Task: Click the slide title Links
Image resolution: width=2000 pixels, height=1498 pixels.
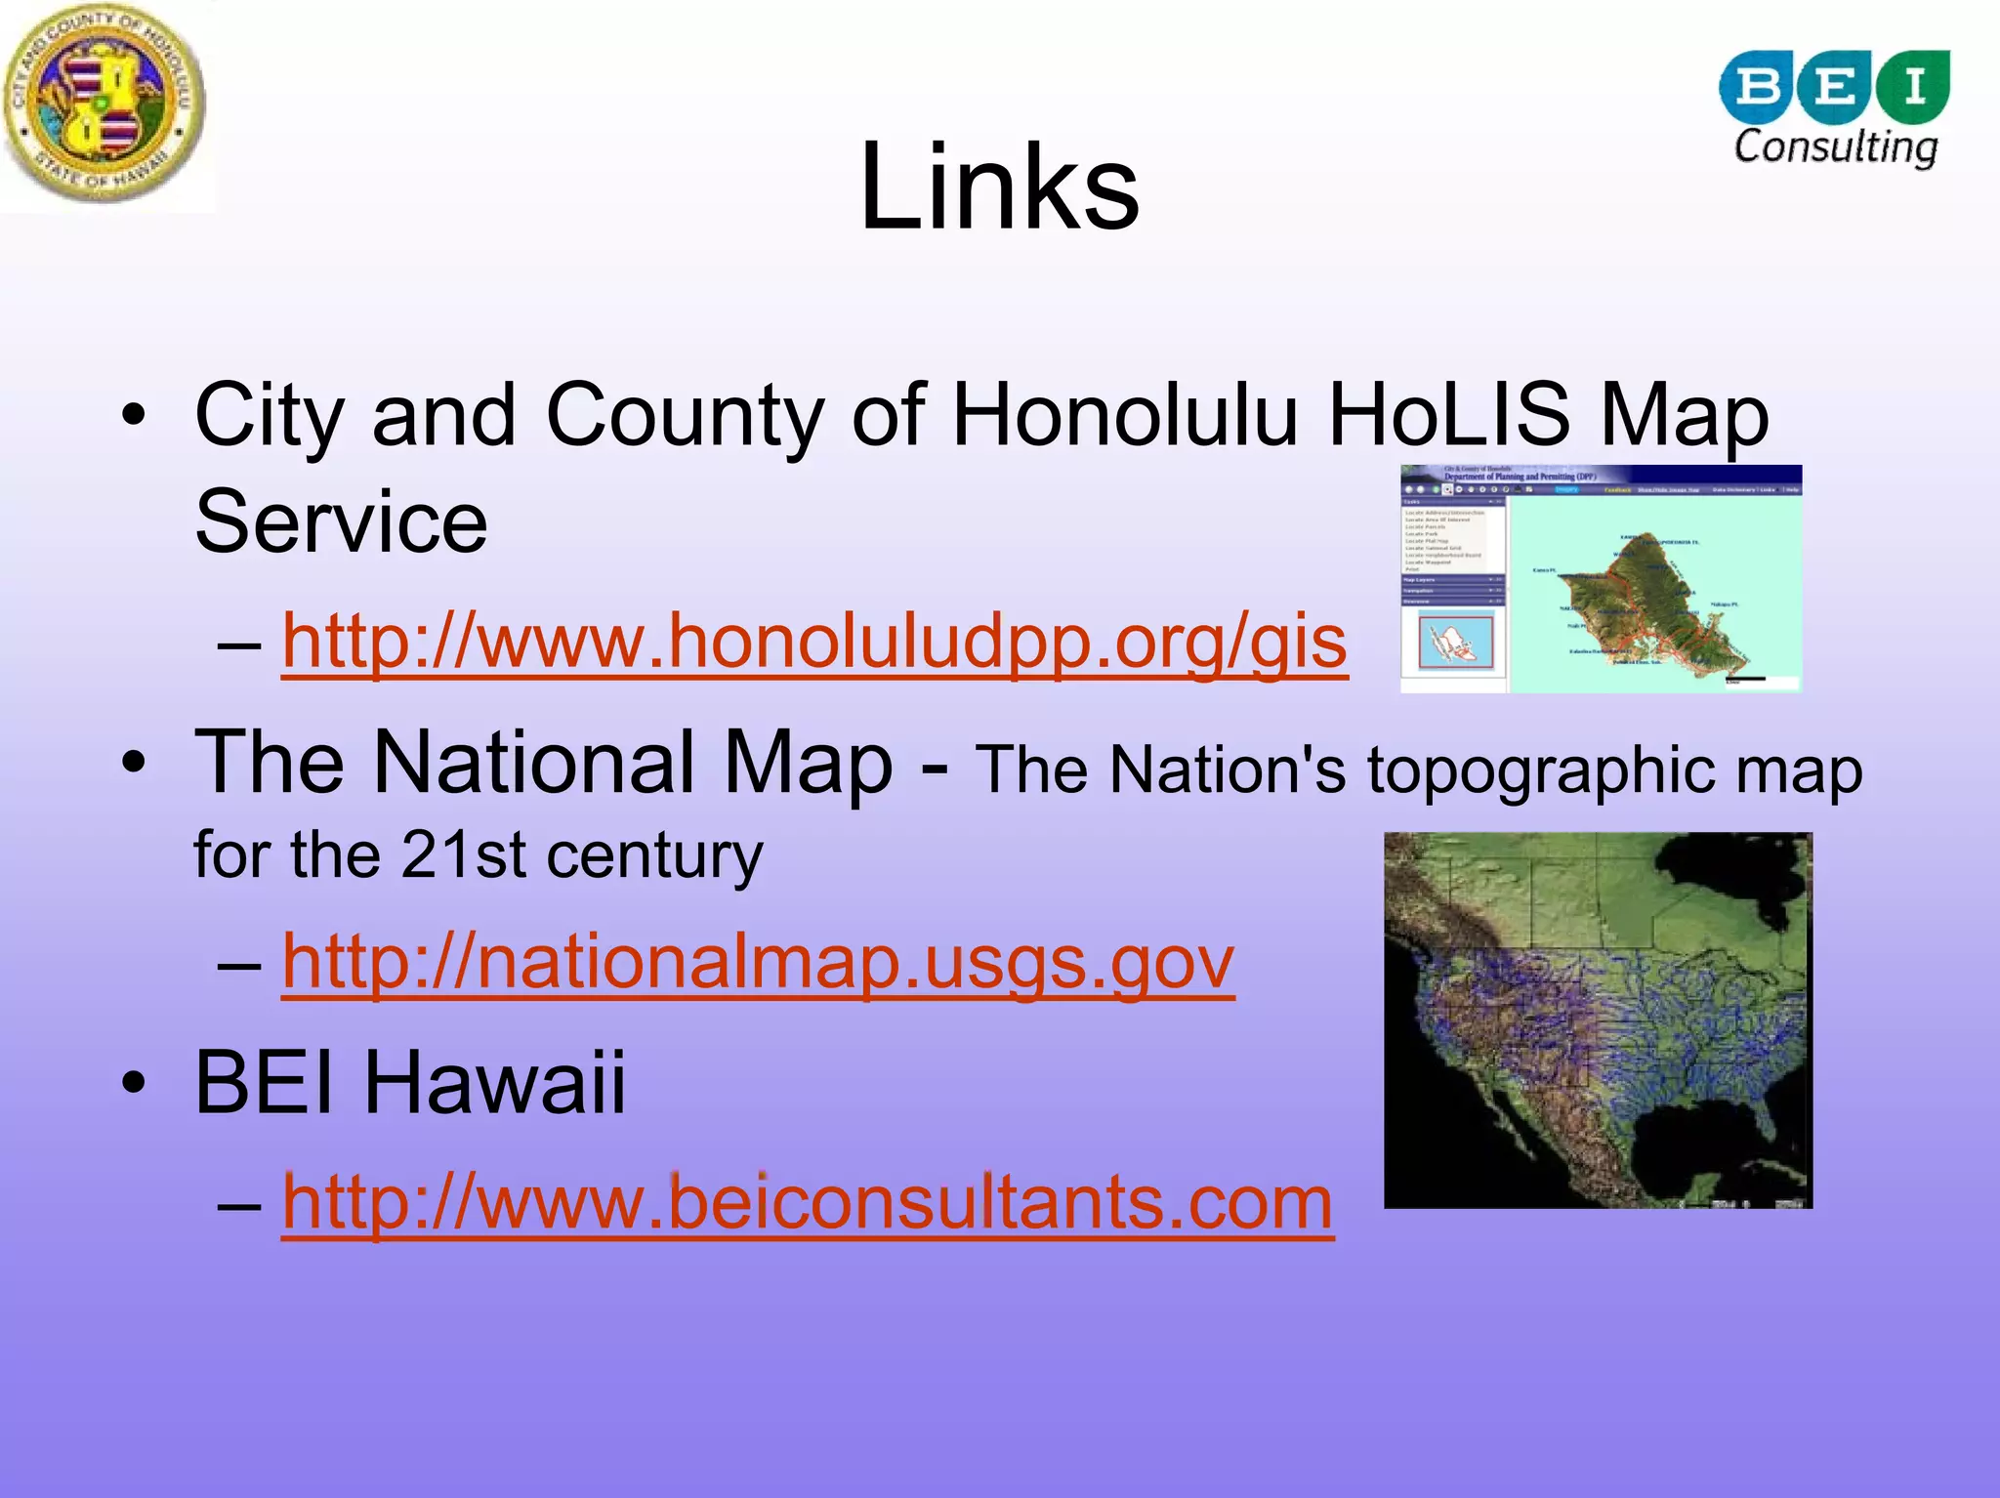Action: tap(999, 187)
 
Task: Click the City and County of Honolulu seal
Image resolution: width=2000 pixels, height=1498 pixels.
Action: tap(105, 104)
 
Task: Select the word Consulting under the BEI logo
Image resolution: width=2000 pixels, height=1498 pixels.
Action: tap(1835, 147)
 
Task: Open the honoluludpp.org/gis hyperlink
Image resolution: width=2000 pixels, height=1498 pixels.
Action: tap(814, 642)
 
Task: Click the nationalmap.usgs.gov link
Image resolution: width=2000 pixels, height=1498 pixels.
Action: tap(758, 962)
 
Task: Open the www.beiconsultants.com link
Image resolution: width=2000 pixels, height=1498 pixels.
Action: tap(808, 1202)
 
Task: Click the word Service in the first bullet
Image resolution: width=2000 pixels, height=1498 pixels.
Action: tap(341, 522)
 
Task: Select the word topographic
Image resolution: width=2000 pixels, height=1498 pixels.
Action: tap(1539, 771)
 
